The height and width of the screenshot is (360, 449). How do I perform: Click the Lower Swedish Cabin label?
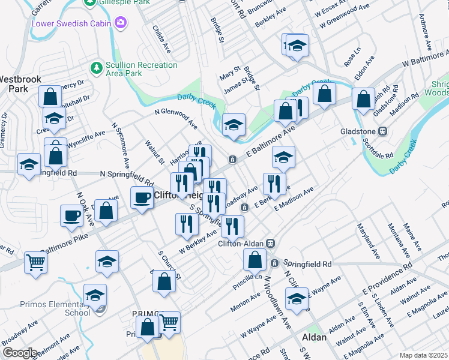pos(72,23)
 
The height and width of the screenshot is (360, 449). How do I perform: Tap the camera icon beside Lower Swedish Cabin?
pos(122,23)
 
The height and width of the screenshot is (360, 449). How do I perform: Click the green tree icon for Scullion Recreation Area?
pos(95,65)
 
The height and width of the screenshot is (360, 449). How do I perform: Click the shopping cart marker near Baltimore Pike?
pos(36,262)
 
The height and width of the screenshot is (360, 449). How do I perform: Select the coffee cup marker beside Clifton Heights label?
pos(142,197)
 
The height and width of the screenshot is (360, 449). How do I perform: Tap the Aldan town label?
pos(313,337)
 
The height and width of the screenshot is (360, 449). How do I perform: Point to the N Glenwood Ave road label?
pos(175,118)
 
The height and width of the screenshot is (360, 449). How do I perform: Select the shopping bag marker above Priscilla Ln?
pos(255,260)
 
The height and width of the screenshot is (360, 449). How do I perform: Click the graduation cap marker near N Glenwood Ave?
pos(234,124)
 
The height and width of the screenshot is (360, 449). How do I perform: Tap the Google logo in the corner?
pos(19,353)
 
